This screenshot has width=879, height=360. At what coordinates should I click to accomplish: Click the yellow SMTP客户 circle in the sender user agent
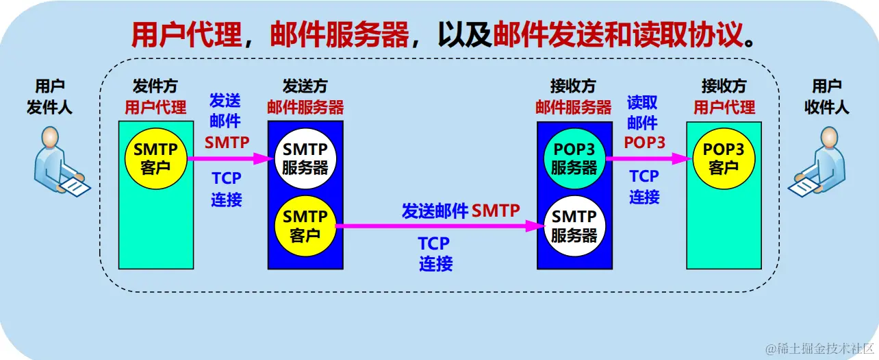pos(155,158)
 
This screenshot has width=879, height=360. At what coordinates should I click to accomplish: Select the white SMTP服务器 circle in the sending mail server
pos(305,158)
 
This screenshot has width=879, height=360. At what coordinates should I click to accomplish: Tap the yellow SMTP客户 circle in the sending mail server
pos(305,226)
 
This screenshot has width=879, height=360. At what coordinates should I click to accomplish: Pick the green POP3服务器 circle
pos(574,158)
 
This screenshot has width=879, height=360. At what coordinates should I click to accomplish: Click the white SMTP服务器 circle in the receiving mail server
pos(574,226)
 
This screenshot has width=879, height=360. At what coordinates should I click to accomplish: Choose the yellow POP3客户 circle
pos(724,158)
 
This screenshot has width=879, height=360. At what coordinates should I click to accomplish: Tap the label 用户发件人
pos(50,97)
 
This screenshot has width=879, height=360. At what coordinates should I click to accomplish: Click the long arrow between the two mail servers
pos(438,226)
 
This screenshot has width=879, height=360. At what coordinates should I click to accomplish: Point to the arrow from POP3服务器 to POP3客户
pos(646,158)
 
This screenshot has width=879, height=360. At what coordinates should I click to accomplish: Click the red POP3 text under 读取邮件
pos(644,143)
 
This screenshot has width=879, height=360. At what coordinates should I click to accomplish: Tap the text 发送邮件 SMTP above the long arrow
pos(461,211)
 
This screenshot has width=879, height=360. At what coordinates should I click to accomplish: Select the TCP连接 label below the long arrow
pos(435,253)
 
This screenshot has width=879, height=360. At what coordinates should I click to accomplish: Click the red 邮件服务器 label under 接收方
pos(574,108)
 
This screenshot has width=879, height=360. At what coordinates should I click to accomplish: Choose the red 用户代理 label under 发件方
pos(155,108)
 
